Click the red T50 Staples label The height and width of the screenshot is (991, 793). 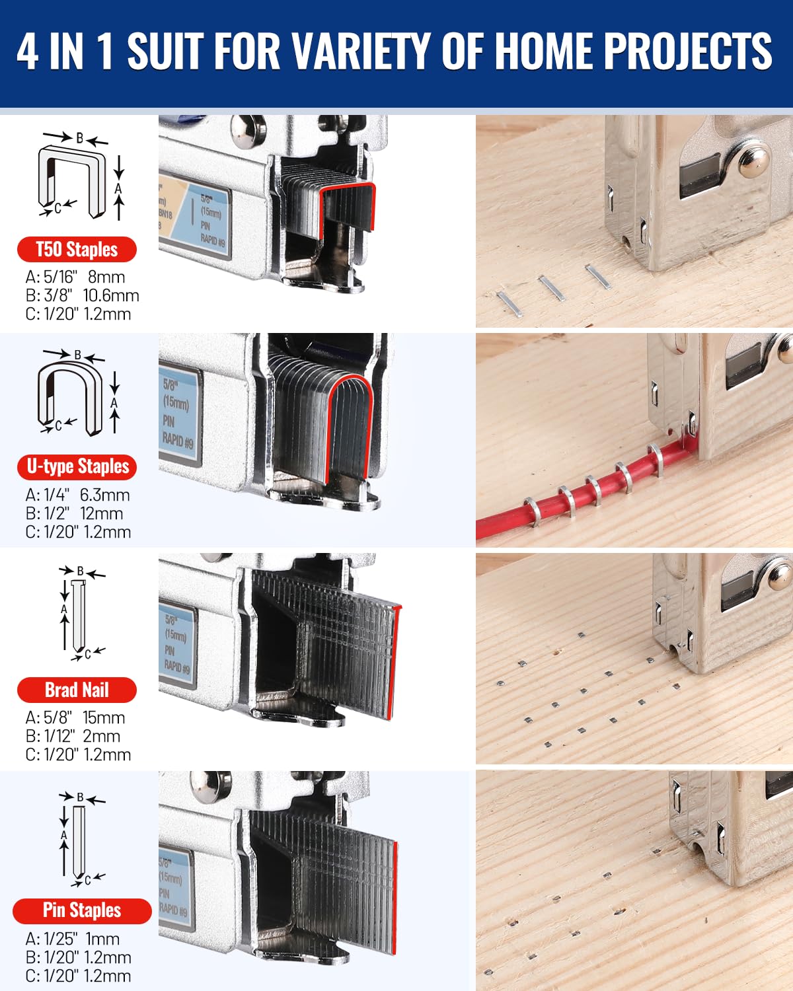tap(77, 250)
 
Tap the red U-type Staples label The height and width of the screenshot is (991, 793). tap(77, 466)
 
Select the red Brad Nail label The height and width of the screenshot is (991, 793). tap(77, 690)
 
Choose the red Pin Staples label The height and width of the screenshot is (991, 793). tap(82, 910)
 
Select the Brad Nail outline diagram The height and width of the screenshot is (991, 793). tap(79, 613)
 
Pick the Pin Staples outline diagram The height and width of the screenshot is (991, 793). tap(79, 839)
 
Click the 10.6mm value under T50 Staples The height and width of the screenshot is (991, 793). tap(111, 295)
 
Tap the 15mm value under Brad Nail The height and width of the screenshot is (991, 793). tap(104, 717)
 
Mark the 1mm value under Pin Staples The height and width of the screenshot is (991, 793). tap(102, 939)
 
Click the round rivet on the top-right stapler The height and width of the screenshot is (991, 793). tap(754, 162)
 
